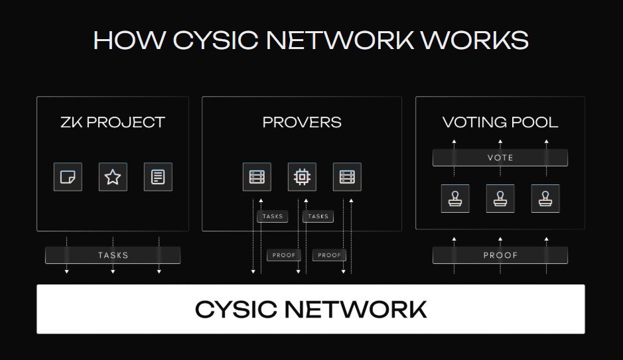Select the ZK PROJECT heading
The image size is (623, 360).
coord(112,122)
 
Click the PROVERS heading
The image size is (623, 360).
coord(302,122)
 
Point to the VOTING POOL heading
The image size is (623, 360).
coord(500,122)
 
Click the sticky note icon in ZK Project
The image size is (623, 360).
coord(68,177)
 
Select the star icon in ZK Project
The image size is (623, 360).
coord(113,177)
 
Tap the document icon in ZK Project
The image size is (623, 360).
coord(158,177)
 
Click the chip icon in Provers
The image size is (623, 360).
coord(302,177)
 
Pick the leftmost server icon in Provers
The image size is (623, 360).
coord(257,177)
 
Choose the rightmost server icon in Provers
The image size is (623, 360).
coord(347,177)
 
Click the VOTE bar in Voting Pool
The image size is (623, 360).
coord(500,158)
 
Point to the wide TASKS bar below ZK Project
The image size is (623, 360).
coord(113,255)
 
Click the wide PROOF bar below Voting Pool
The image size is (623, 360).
coord(500,255)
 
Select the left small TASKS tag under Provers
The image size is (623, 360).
coord(273,216)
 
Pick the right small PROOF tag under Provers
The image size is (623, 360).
coord(329,255)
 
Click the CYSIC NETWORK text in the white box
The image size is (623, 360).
coord(311,309)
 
